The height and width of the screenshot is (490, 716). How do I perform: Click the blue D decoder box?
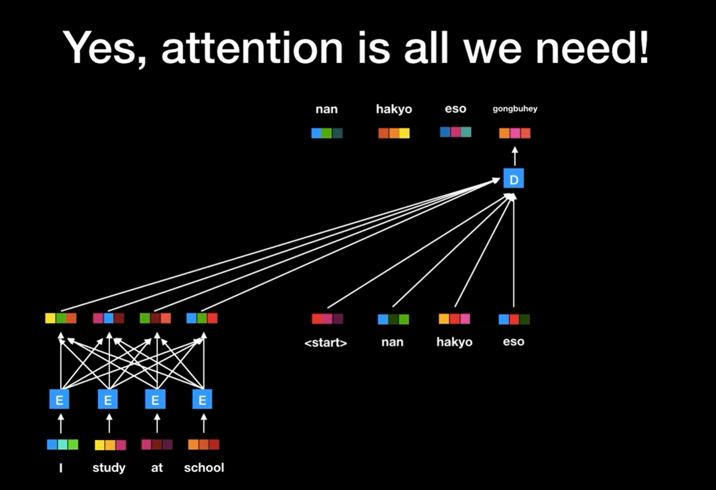click(514, 179)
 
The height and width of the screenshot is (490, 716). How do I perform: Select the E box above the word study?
click(108, 399)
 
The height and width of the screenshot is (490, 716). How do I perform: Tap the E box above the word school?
click(202, 399)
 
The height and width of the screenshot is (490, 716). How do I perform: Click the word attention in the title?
click(252, 48)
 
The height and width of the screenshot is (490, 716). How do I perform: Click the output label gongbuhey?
click(515, 109)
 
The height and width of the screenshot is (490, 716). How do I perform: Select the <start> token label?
click(326, 342)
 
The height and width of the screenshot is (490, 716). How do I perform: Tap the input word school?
click(204, 468)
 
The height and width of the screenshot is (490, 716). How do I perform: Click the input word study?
click(109, 468)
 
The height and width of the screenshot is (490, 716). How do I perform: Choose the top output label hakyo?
click(394, 109)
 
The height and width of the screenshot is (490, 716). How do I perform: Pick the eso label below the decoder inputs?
click(513, 342)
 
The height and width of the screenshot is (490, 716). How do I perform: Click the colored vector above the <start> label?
click(327, 319)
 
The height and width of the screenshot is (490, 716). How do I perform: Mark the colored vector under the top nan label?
click(327, 133)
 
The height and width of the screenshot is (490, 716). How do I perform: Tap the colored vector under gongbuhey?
click(515, 133)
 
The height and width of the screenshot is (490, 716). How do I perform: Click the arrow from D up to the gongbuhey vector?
click(515, 157)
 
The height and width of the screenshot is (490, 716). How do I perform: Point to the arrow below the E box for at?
click(157, 424)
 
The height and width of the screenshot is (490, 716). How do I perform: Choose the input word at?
click(156, 468)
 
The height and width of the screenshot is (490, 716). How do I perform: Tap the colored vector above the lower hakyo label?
click(454, 319)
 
